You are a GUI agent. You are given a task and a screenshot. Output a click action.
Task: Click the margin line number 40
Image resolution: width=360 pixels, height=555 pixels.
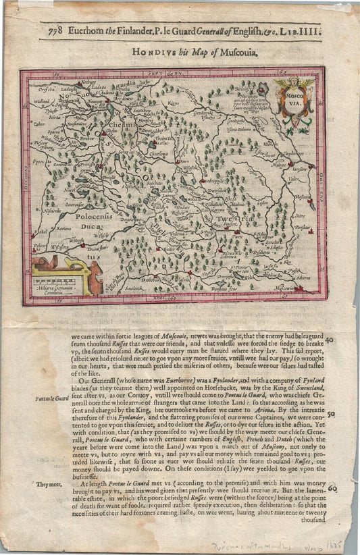(x=330, y=341)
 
